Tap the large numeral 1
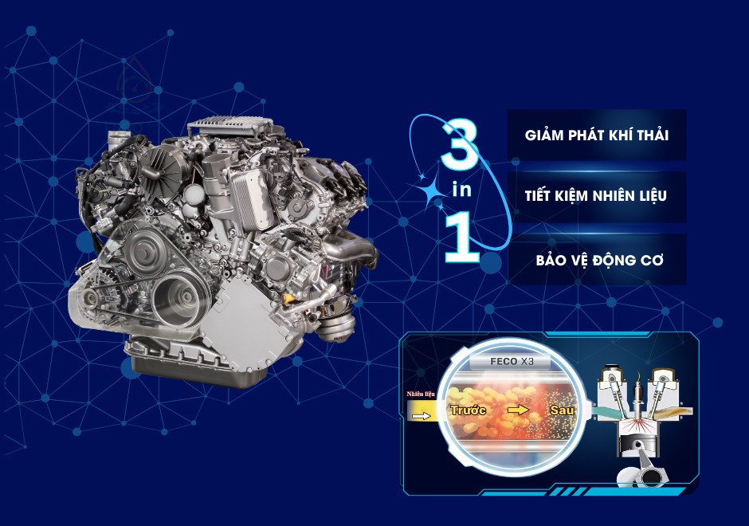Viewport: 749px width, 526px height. (x=462, y=238)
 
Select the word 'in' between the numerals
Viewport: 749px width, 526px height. (x=461, y=190)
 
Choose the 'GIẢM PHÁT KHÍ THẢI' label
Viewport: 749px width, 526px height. (x=596, y=135)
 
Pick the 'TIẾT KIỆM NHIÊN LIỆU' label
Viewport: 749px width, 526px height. (x=596, y=197)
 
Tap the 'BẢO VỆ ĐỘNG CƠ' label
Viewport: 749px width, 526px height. (x=600, y=260)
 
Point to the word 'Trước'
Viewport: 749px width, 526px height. (x=469, y=410)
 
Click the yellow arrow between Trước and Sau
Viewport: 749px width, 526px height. (x=518, y=410)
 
